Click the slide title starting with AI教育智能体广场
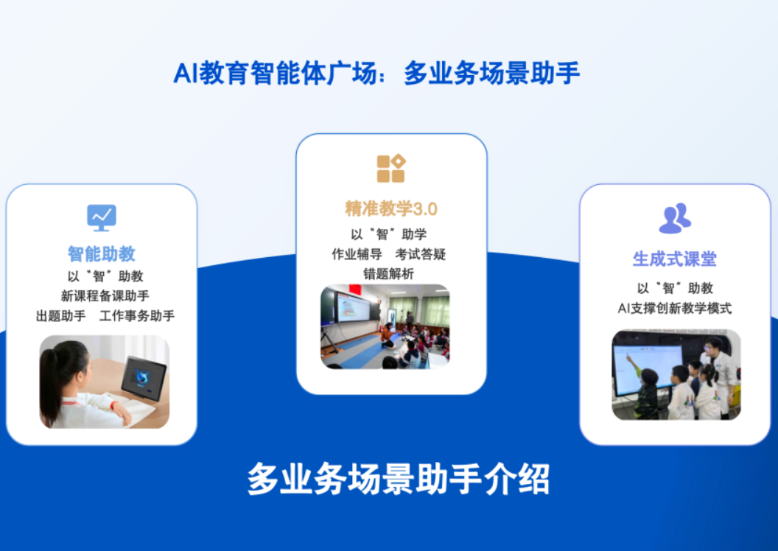coord(376,74)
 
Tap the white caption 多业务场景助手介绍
coord(399,479)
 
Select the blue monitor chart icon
coord(102,218)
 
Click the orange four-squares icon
coord(391,169)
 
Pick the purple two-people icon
coord(675,218)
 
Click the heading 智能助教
coord(102,254)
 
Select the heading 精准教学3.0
coord(391,208)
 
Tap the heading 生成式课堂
coord(675,259)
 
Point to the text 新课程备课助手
coord(105,296)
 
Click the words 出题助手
coord(61,316)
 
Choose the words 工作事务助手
coord(137,316)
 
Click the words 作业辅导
coord(357,254)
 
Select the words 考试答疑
coord(421,254)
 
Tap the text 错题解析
coord(388,274)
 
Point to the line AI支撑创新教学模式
coord(675,309)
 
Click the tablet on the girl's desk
coord(144,378)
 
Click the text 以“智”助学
coord(388,234)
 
